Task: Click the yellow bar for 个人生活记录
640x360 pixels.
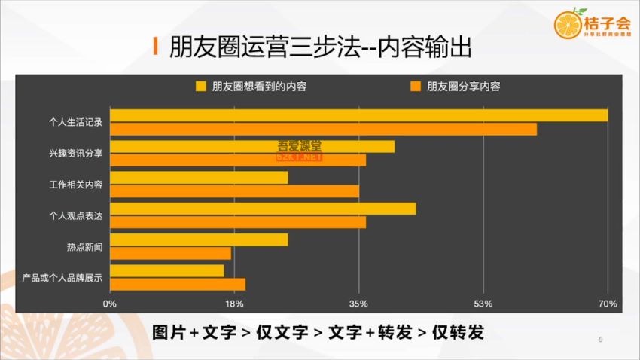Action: (x=358, y=115)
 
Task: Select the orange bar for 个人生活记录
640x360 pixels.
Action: (x=323, y=129)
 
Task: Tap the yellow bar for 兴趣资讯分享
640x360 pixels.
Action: (x=252, y=146)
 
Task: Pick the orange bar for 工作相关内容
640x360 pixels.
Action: (x=234, y=191)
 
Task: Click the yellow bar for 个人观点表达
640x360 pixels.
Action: (x=263, y=209)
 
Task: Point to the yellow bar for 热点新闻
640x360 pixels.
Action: (x=199, y=239)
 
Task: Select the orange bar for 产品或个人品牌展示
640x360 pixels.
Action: (x=178, y=284)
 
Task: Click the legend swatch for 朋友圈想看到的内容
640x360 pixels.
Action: (x=201, y=86)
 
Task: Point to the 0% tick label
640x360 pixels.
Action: (x=110, y=304)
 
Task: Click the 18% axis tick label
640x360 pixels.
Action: (x=234, y=304)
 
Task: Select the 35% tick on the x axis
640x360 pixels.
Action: (x=359, y=304)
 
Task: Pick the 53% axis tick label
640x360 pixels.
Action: (x=483, y=304)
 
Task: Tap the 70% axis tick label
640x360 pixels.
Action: (x=608, y=304)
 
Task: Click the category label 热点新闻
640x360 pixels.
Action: (x=84, y=246)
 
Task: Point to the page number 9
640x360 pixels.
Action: (x=600, y=340)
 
